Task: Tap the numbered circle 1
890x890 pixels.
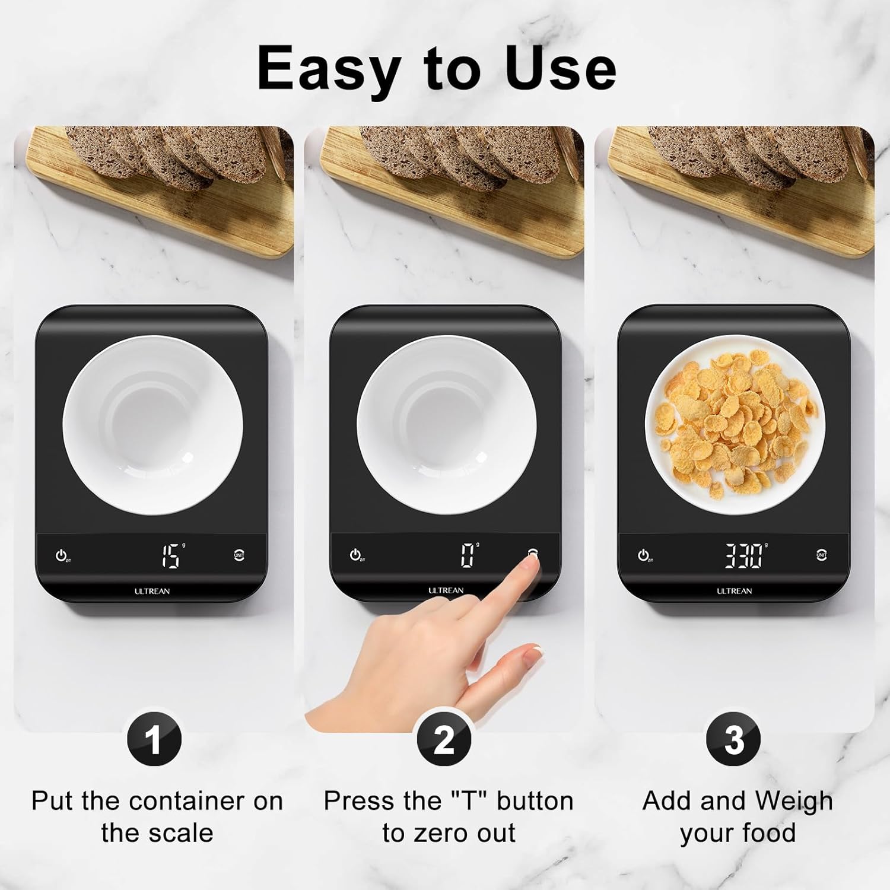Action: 154,740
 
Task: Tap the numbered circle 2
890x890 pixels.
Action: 444,740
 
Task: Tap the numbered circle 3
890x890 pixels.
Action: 734,740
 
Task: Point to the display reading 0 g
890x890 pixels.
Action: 469,555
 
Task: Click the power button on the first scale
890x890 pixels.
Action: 62,556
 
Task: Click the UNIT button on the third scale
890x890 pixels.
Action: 821,555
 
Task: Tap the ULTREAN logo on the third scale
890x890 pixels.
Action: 734,591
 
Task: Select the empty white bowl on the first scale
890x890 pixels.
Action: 153,425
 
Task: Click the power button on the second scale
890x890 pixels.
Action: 355,555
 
